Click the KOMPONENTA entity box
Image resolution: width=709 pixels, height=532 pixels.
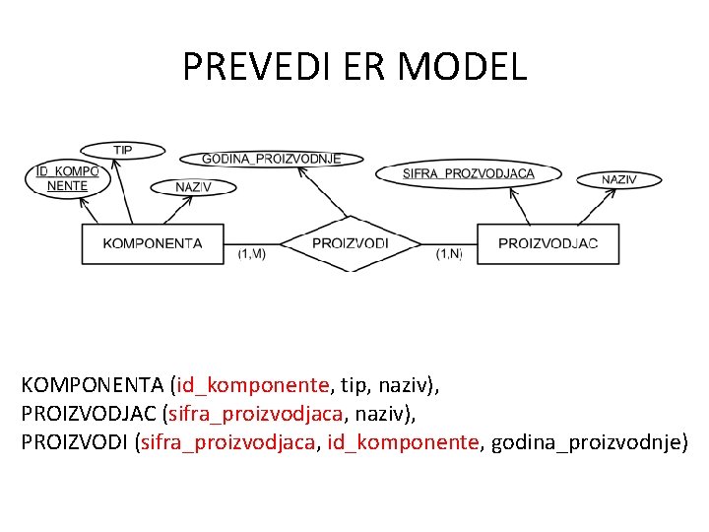[153, 243]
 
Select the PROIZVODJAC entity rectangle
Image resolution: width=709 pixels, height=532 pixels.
[548, 243]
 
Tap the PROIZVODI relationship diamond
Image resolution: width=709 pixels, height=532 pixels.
[350, 243]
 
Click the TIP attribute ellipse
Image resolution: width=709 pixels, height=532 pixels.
[122, 150]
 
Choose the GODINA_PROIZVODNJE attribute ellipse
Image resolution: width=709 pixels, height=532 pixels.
[271, 159]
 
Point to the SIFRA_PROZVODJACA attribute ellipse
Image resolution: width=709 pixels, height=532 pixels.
[468, 173]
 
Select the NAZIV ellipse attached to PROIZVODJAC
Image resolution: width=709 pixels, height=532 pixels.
[618, 179]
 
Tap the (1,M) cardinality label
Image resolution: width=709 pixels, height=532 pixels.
[252, 255]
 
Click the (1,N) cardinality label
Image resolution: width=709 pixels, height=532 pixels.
[449, 255]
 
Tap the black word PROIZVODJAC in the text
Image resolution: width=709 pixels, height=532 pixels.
[89, 414]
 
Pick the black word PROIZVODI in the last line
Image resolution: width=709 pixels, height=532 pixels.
[74, 442]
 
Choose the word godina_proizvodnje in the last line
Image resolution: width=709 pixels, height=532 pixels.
[585, 442]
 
